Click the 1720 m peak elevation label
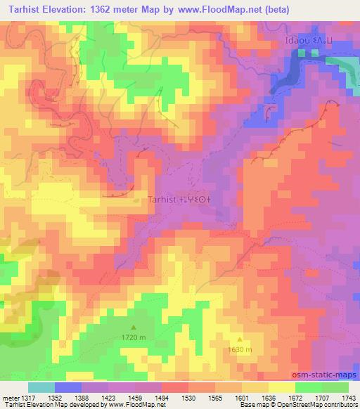[x=134, y=338]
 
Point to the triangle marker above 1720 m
[x=134, y=327]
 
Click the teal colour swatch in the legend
[x=41, y=387]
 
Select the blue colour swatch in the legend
[x=68, y=387]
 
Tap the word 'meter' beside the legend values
[x=10, y=398]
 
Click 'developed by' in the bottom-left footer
[x=89, y=405]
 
